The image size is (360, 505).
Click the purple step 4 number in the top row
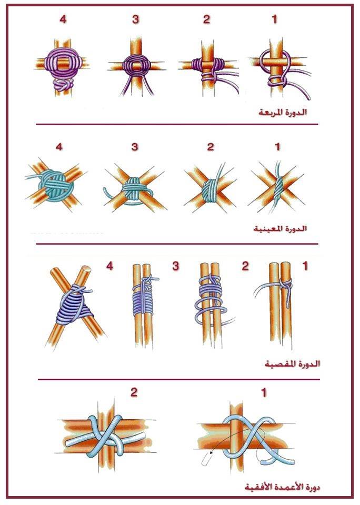tap(63, 19)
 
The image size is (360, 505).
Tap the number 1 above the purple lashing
tap(274, 19)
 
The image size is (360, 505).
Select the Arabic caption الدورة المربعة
tap(283, 113)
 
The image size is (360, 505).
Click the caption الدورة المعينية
tap(280, 229)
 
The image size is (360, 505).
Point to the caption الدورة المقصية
tap(292, 363)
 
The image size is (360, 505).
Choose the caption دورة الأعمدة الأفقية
tap(282, 487)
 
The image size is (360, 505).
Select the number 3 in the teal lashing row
tap(135, 147)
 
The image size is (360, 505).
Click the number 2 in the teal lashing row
tap(211, 147)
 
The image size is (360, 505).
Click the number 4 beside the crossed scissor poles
tap(109, 266)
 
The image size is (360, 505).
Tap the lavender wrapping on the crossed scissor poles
tap(75, 305)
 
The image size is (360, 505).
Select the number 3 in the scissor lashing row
tap(176, 266)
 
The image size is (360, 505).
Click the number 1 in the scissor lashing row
tap(305, 266)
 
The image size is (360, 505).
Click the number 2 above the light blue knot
tap(134, 392)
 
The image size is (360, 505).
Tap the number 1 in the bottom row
tap(264, 392)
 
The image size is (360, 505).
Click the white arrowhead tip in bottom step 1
tap(211, 453)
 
